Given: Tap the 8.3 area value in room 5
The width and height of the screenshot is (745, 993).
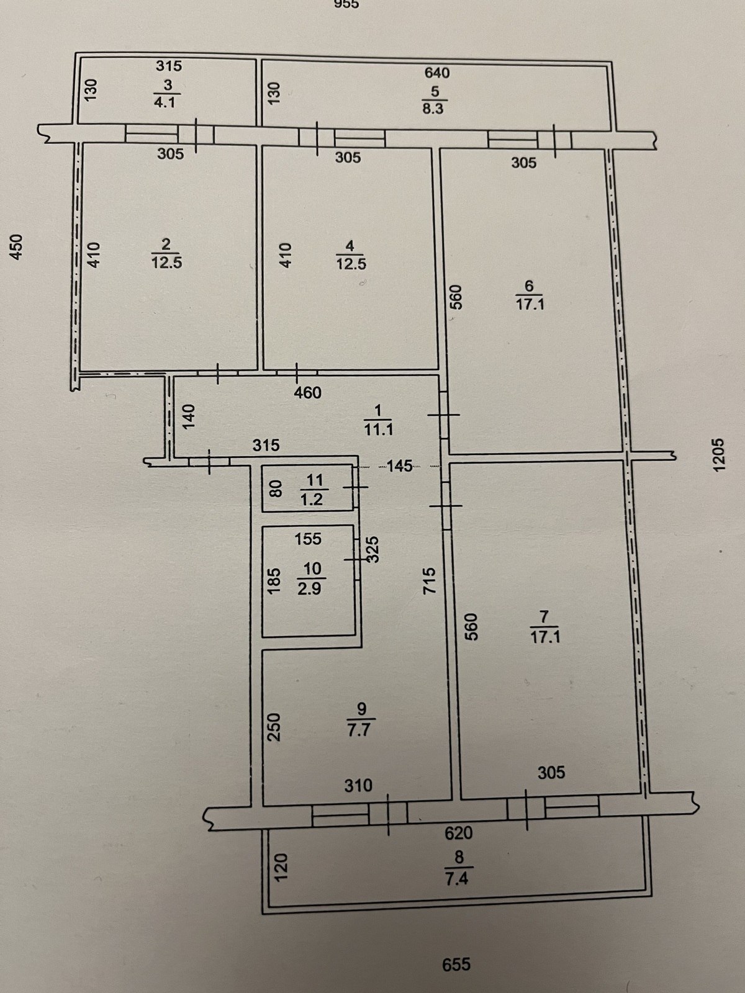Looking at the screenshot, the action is click(x=433, y=109).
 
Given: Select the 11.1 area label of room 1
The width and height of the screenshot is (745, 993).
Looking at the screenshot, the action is click(x=379, y=429).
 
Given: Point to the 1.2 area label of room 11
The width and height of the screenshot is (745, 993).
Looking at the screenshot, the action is click(x=312, y=500).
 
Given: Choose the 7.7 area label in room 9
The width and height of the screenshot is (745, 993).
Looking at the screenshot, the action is click(x=359, y=732).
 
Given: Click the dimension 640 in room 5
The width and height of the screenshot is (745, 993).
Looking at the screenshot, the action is click(x=438, y=73).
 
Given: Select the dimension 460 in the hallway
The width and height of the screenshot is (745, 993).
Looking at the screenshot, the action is click(x=307, y=393).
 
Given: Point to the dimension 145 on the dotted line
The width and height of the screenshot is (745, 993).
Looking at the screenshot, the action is click(x=400, y=465).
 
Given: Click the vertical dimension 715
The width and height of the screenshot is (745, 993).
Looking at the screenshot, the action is click(x=428, y=580).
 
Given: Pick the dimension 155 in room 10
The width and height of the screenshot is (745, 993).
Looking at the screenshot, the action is click(x=308, y=539).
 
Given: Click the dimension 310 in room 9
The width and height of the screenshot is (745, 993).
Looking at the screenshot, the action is click(x=358, y=785).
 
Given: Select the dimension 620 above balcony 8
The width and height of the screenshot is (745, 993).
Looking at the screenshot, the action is click(x=459, y=833).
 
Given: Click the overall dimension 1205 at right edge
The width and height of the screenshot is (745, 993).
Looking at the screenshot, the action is click(x=718, y=455).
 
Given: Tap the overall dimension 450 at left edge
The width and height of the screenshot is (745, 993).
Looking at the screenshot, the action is click(x=16, y=247).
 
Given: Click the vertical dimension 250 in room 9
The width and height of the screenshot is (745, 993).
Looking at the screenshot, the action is click(x=274, y=727).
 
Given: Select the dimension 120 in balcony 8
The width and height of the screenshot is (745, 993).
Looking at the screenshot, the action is click(x=281, y=867).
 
